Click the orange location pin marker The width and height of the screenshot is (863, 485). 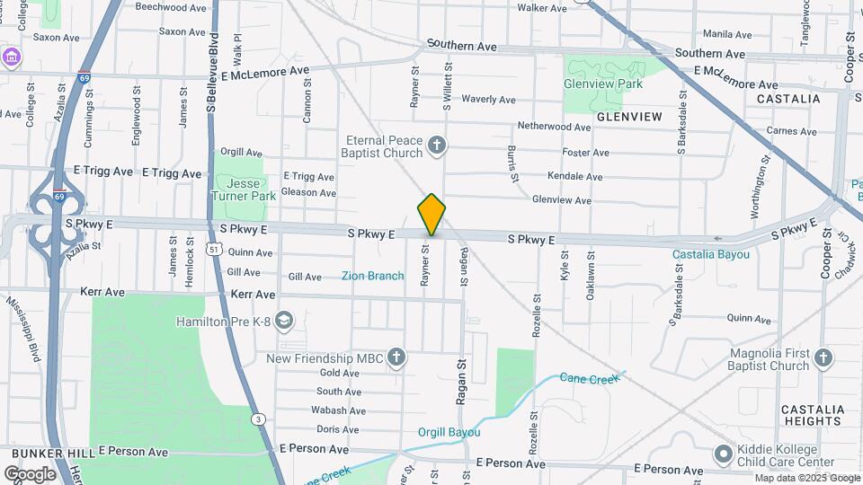pyautogui.click(x=431, y=215)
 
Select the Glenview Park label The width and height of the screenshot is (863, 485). pyautogui.click(x=603, y=84)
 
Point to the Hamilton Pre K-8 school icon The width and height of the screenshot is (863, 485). pyautogui.click(x=284, y=321)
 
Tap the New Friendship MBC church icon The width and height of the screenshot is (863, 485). pyautogui.click(x=396, y=358)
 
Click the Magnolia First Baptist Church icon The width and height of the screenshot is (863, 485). pyautogui.click(x=823, y=359)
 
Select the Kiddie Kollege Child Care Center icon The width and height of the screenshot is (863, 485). pyautogui.click(x=723, y=454)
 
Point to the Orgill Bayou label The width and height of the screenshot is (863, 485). pyautogui.click(x=449, y=432)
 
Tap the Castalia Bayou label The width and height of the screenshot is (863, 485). pyautogui.click(x=711, y=254)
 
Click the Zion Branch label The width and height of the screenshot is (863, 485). pyautogui.click(x=372, y=276)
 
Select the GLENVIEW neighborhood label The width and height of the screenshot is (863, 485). pyautogui.click(x=628, y=117)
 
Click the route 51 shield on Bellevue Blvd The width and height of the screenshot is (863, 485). pyautogui.click(x=212, y=251)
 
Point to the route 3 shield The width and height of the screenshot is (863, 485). pyautogui.click(x=258, y=419)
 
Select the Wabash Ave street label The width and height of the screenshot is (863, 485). pyautogui.click(x=338, y=410)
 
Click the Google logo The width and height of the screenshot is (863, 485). pyautogui.click(x=30, y=474)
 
